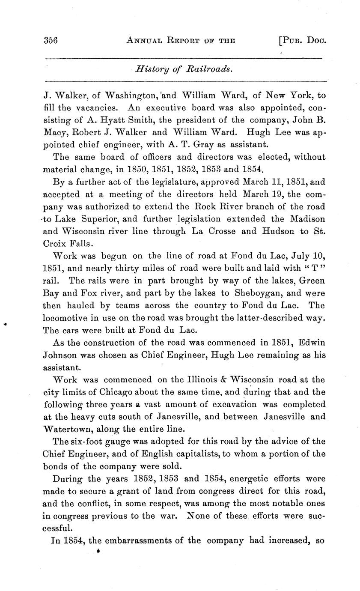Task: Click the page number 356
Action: (51, 41)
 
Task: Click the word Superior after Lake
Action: (93, 219)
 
